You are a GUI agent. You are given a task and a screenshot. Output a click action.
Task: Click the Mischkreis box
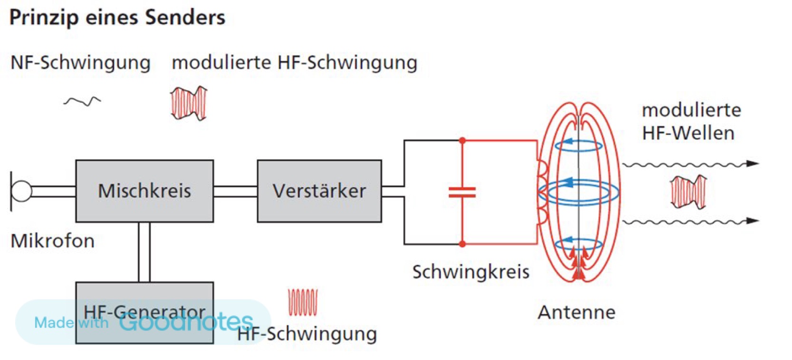[x=144, y=191]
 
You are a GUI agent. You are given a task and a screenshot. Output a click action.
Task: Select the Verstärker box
[x=319, y=191]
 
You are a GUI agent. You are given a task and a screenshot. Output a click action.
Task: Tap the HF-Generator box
[x=144, y=313]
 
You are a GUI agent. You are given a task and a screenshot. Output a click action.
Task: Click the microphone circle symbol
[x=21, y=191]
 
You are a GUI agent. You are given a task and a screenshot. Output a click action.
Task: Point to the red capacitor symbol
[x=462, y=192]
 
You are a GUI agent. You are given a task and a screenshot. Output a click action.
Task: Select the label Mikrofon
[x=53, y=241]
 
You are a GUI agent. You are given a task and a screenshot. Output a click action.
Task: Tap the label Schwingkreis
[x=471, y=272]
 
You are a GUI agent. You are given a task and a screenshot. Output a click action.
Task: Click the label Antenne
[x=577, y=313]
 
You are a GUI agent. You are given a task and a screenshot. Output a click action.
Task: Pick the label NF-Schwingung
[x=81, y=63]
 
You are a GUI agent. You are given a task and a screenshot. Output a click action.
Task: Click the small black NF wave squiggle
[x=82, y=101]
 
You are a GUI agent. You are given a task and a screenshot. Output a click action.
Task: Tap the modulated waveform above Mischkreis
[x=189, y=104]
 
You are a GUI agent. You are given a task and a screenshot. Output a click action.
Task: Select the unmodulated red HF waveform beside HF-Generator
[x=303, y=302]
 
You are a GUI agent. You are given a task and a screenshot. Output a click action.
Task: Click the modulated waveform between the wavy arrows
[x=688, y=192]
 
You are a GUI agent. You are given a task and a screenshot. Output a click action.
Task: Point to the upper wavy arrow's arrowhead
[x=753, y=163]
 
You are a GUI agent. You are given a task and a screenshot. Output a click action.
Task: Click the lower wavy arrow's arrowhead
[x=753, y=221]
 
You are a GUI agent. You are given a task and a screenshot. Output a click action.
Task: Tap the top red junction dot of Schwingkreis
[x=462, y=141]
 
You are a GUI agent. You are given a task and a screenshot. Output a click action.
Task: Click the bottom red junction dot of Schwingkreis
[x=462, y=244]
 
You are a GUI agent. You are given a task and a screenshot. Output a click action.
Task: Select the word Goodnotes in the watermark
[x=186, y=322]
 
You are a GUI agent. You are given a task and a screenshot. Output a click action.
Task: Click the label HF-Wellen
[x=688, y=133]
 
